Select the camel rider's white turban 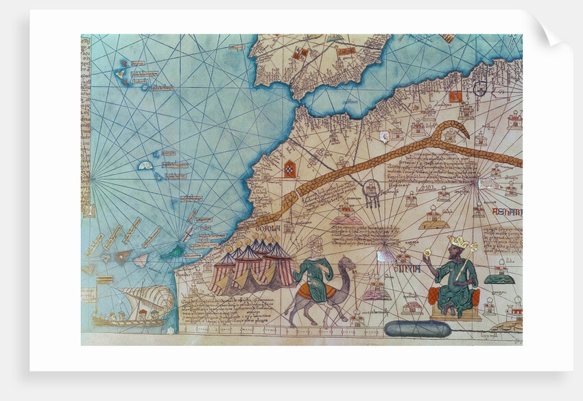click(x=313, y=242)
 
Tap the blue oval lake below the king click(x=417, y=329)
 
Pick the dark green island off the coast click(x=172, y=253)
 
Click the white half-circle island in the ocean click(x=145, y=165)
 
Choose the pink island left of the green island click(x=140, y=260)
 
